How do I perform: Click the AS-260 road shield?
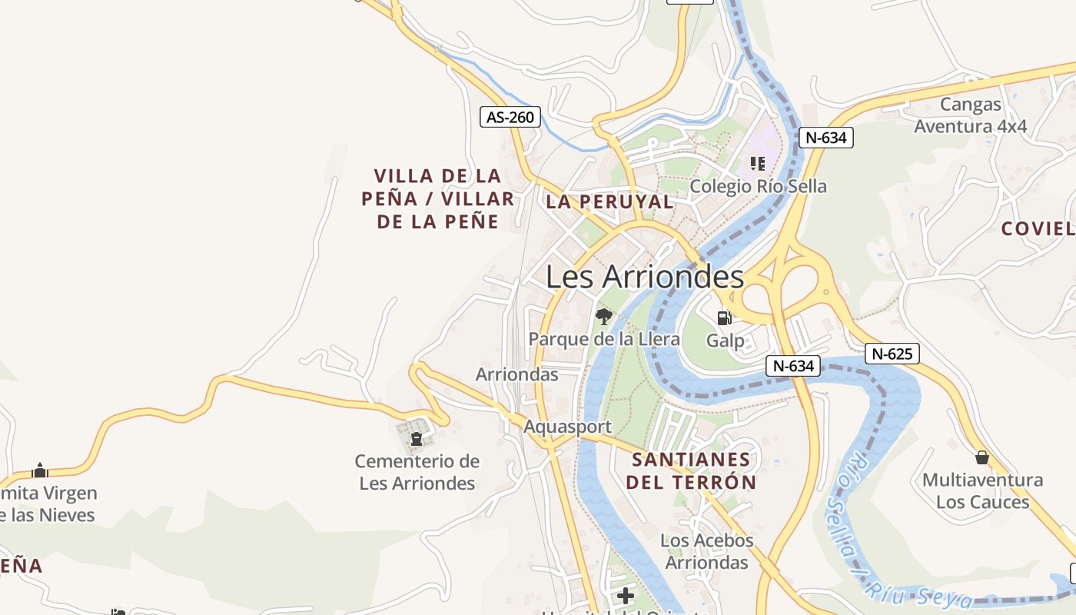pos(510,117)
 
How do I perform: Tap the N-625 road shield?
pos(892,354)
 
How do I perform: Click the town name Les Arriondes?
pos(645,277)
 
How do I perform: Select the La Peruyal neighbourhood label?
pos(609,202)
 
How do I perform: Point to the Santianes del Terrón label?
pos(690,471)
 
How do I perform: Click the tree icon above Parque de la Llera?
pos(604,316)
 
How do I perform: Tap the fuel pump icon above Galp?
pos(724,317)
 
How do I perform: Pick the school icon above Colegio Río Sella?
pos(758,164)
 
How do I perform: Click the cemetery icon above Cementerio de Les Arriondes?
pos(417,439)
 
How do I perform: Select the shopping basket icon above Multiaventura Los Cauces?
pos(981,458)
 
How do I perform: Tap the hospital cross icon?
pos(626,595)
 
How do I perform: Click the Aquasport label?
pos(568,427)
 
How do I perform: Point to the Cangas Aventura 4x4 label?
pos(970,115)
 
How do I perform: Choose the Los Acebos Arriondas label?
pos(706,551)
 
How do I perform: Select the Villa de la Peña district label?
pos(438,199)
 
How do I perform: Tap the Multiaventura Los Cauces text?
pos(982,491)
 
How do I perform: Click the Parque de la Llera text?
pos(604,339)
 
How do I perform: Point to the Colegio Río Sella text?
pos(758,186)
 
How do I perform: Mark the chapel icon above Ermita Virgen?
pos(40,470)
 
